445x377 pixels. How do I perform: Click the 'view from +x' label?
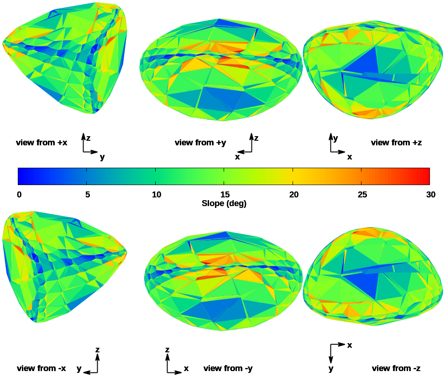tap(42, 143)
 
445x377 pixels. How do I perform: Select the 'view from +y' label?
tap(200, 143)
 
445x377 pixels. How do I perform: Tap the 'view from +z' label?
tap(396, 143)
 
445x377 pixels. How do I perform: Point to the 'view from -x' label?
tap(42, 368)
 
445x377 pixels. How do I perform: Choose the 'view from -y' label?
tap(228, 368)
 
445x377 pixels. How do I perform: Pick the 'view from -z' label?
tap(396, 368)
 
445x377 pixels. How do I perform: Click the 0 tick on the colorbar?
tap(19, 195)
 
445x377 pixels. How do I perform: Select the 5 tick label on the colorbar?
tap(87, 195)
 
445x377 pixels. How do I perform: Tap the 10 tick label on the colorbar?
tap(156, 195)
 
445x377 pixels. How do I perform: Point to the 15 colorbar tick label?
tap(225, 195)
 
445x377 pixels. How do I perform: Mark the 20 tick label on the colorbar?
tap(293, 195)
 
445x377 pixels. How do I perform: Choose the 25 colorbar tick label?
tap(362, 195)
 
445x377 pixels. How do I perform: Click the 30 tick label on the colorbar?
tap(430, 195)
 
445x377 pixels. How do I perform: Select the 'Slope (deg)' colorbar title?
tap(224, 203)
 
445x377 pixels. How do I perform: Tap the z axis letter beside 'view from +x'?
tap(89, 137)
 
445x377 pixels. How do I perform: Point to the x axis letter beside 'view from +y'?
tap(237, 157)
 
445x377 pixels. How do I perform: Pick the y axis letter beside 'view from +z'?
tap(335, 138)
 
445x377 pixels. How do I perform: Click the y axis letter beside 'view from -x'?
tap(79, 368)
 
